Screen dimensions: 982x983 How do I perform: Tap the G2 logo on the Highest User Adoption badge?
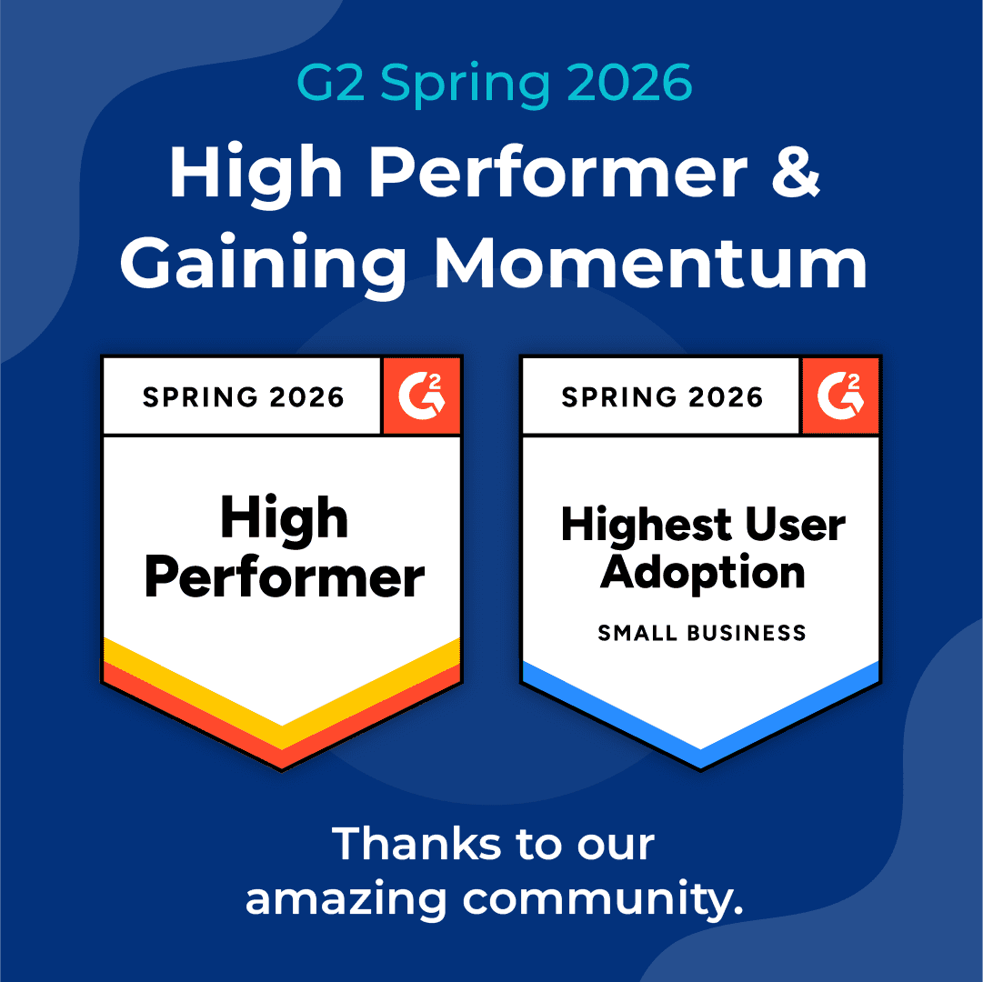[841, 396]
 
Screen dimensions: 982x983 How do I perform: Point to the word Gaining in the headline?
[264, 263]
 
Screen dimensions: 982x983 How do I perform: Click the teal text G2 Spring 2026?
[495, 84]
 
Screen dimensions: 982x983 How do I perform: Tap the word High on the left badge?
[284, 519]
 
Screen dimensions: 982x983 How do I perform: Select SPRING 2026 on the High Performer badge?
[244, 397]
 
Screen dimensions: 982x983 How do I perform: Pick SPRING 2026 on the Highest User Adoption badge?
[662, 397]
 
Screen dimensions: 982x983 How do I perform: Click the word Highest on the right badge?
[645, 526]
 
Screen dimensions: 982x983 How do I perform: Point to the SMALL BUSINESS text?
[702, 633]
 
